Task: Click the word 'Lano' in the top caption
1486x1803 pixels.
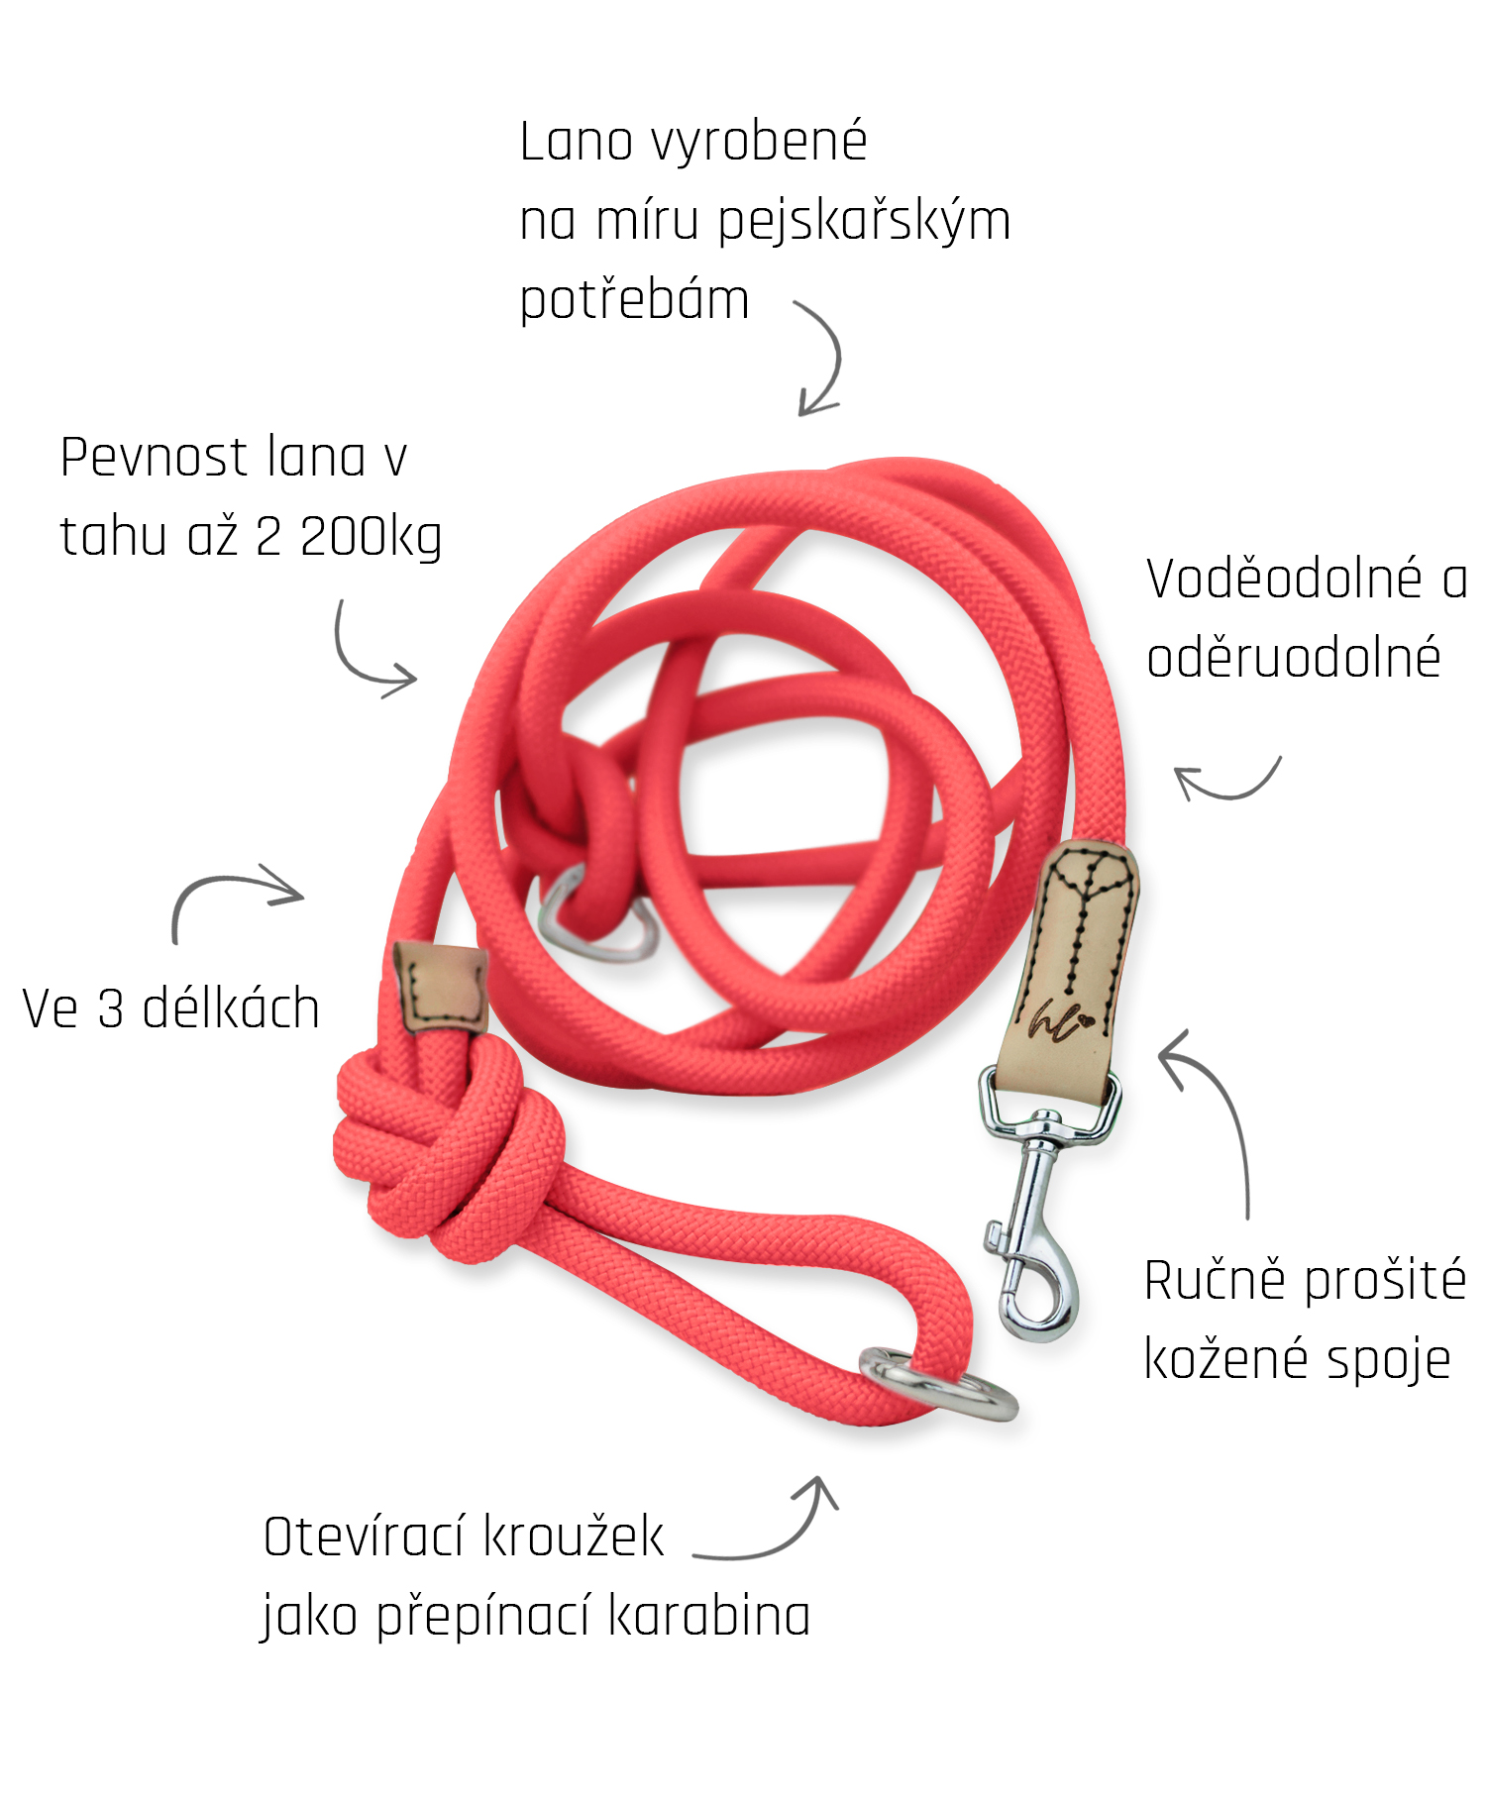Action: (x=577, y=141)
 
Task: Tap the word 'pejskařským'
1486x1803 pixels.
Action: (x=864, y=222)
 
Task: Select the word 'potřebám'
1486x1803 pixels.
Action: (x=634, y=300)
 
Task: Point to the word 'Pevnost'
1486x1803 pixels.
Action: (x=154, y=458)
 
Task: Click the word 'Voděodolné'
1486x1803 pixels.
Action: (x=1284, y=579)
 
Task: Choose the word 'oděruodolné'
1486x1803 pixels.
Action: (x=1293, y=658)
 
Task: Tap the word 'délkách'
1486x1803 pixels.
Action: (x=231, y=1008)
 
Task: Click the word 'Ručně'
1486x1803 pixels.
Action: (x=1215, y=1279)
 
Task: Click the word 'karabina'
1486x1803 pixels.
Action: (x=708, y=1617)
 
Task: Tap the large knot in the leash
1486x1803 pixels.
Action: (x=446, y=1149)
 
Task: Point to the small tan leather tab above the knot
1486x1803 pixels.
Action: (x=441, y=988)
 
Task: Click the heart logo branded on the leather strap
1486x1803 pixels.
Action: (x=1086, y=1017)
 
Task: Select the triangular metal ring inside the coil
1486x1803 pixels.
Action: (x=594, y=916)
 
